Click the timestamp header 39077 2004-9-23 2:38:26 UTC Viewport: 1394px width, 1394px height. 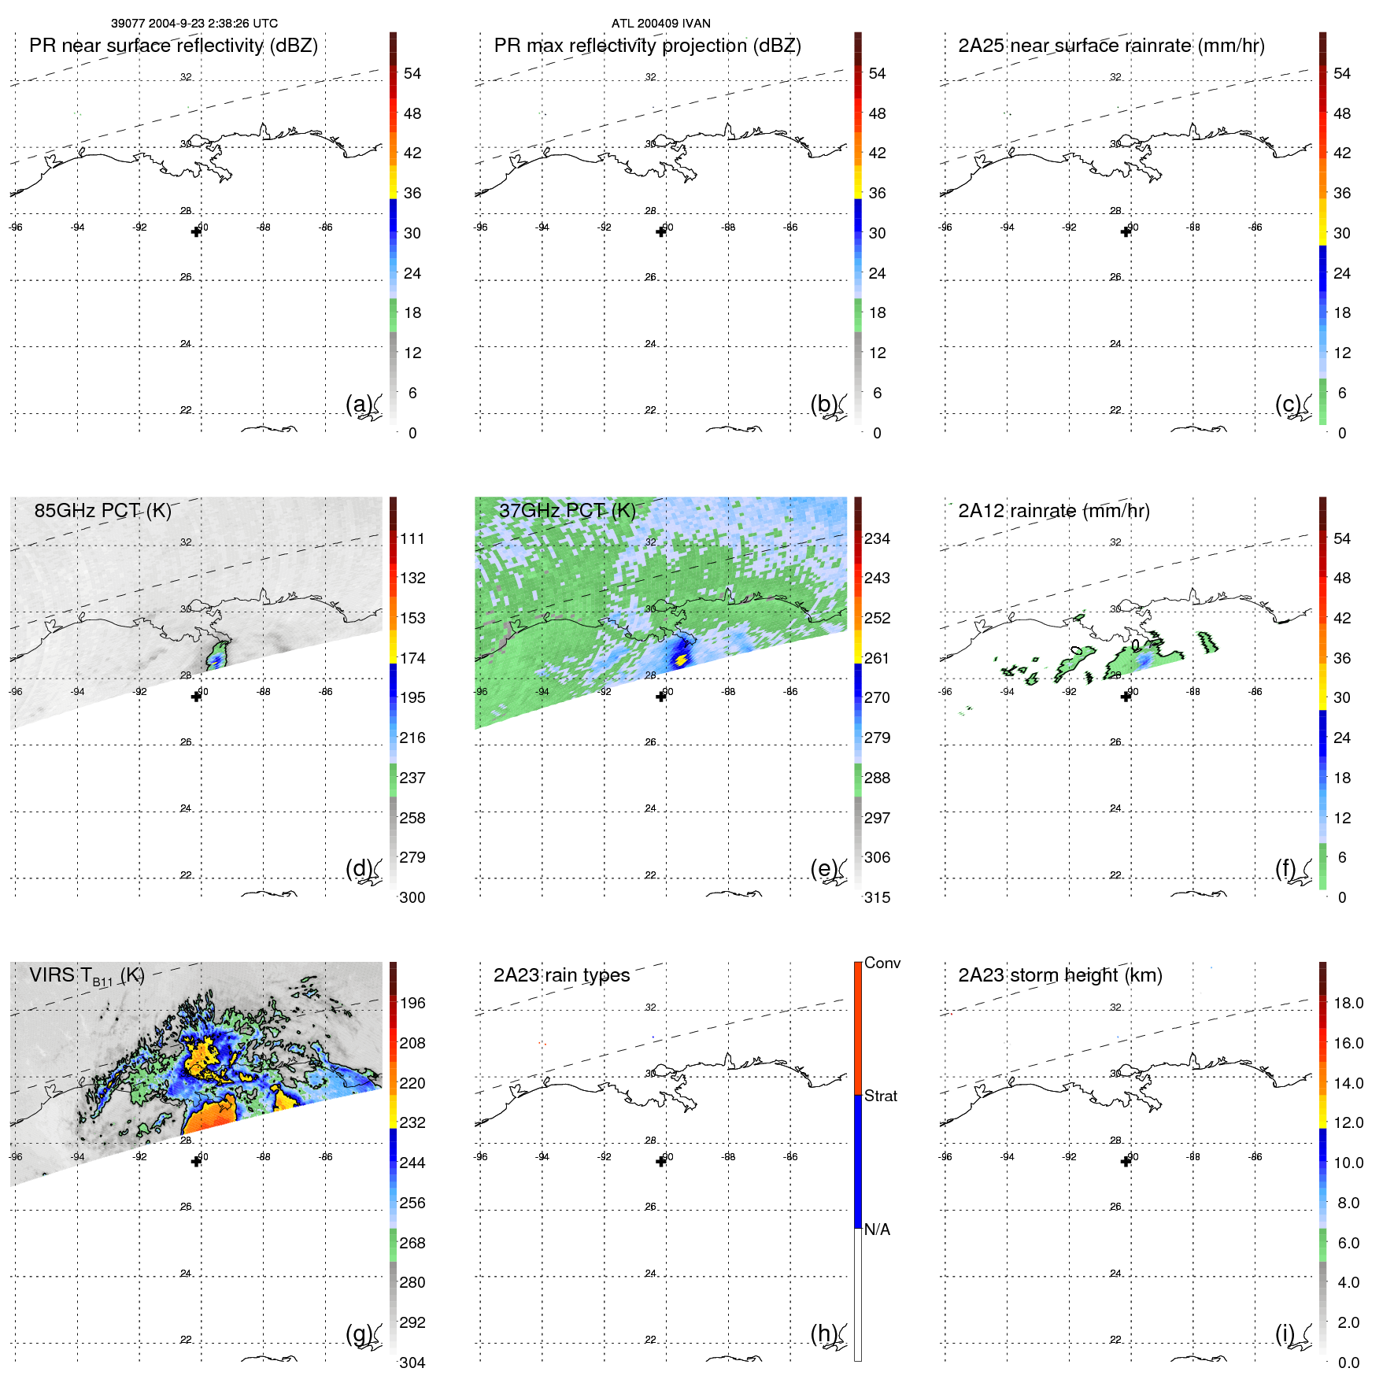(194, 24)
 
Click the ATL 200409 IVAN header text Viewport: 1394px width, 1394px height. (660, 24)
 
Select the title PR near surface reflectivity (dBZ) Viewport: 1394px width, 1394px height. (173, 46)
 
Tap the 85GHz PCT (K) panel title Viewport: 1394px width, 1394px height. (102, 511)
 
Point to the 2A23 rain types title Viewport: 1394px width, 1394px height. (561, 975)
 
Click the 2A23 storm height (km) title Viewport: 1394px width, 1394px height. (1059, 975)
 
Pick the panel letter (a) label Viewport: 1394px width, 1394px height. (358, 404)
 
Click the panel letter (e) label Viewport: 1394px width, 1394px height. (823, 868)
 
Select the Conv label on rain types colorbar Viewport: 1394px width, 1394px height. (882, 963)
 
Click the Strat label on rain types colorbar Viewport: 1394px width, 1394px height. (880, 1096)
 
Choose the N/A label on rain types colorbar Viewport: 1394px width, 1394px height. (877, 1229)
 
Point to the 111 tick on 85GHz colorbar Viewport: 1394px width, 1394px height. (412, 538)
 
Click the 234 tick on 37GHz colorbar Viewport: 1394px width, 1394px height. (877, 538)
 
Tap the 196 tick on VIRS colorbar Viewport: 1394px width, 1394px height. (412, 1003)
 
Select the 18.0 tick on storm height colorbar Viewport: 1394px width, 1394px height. (1348, 1003)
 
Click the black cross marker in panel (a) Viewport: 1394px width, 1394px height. (196, 231)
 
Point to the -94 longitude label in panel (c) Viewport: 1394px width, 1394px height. (1007, 227)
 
